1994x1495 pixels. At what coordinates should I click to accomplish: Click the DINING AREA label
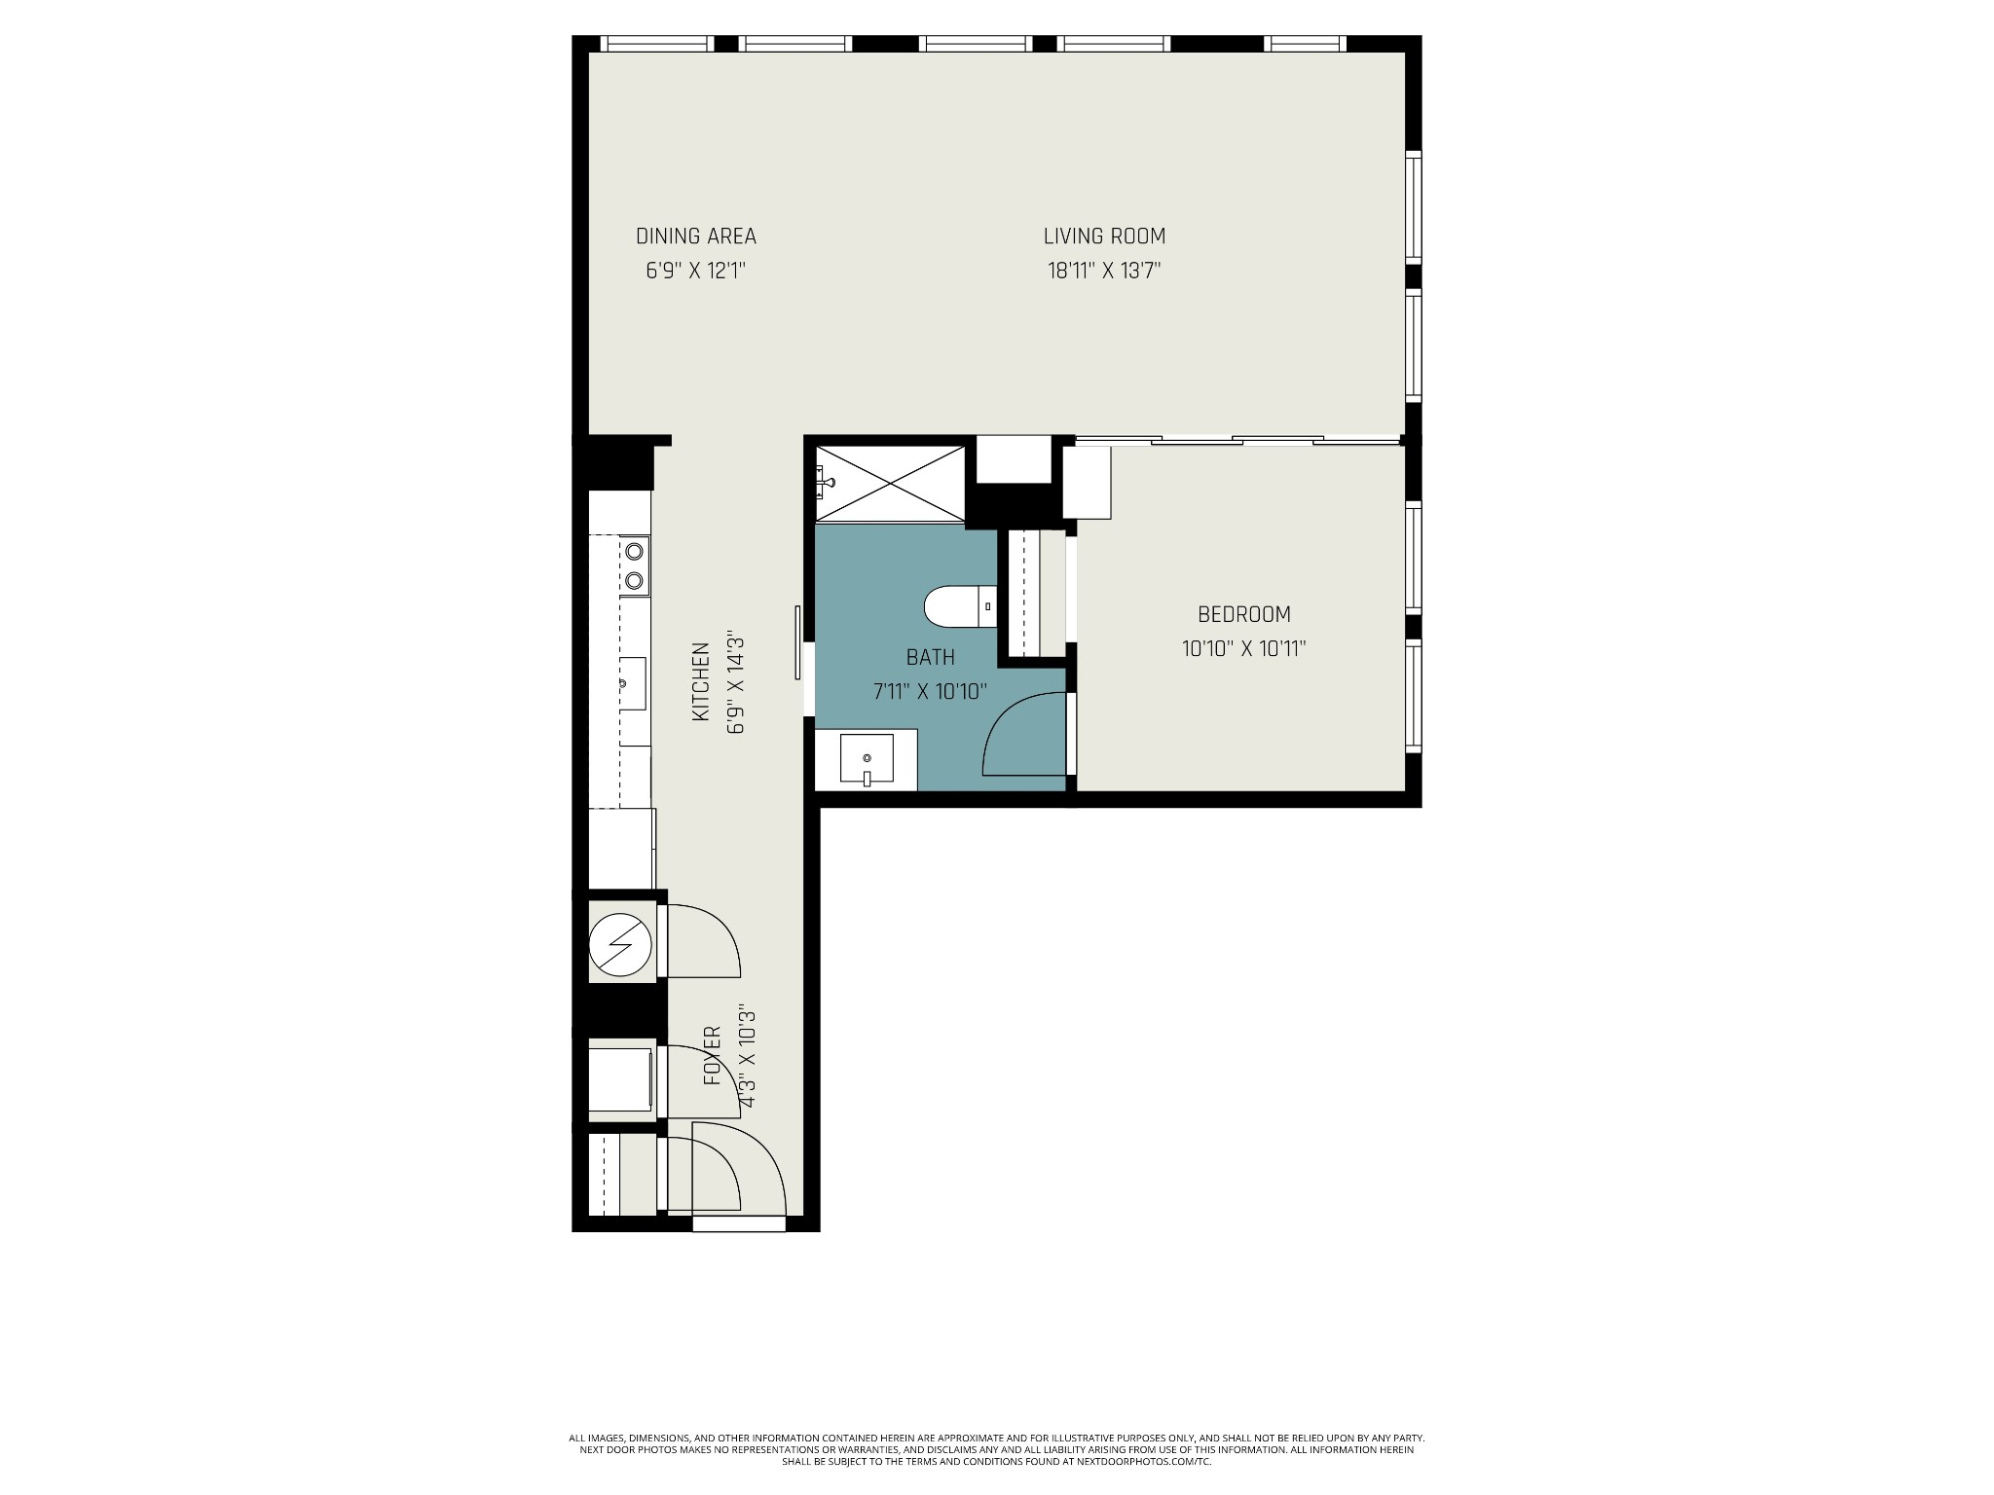pos(695,237)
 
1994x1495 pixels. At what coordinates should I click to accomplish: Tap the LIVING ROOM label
pos(1104,237)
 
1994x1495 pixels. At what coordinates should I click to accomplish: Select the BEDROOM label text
pos(1243,615)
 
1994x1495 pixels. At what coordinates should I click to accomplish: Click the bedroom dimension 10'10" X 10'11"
pos(1243,649)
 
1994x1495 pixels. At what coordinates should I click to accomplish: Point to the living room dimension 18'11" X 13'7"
pos(1104,271)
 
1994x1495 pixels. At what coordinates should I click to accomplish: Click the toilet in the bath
pos(959,606)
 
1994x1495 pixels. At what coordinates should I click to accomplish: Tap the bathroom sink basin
pos(867,760)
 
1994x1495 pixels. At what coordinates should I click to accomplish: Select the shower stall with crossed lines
pos(890,484)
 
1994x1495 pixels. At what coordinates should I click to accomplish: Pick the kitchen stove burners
pos(635,565)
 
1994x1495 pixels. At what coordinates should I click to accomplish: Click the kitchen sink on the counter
pos(632,683)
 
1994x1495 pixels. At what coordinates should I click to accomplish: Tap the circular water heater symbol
pos(619,944)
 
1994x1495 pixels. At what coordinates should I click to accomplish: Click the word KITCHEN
pos(700,681)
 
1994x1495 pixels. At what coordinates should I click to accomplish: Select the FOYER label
pos(713,1056)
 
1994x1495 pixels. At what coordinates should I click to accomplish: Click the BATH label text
pos(930,658)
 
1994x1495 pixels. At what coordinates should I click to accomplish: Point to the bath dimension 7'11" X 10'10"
pos(930,692)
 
